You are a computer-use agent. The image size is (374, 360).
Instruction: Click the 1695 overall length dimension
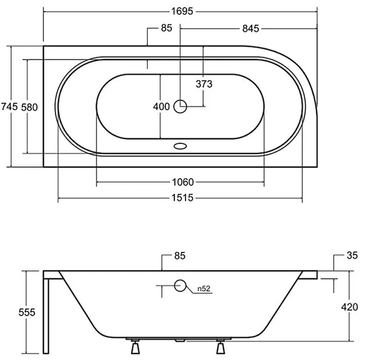182,11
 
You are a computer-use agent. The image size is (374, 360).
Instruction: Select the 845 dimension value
250,29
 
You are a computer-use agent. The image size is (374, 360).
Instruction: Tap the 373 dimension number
204,84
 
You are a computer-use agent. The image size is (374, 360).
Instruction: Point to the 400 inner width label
162,106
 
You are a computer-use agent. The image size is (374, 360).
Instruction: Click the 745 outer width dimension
9,106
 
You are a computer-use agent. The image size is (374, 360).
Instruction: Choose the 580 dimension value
29,107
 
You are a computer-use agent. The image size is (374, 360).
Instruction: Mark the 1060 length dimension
183,182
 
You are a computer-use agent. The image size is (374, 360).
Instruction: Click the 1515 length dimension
183,198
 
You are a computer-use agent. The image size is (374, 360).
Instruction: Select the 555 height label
27,312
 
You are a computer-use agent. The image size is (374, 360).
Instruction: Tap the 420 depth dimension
349,307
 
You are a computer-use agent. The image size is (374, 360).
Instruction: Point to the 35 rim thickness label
352,255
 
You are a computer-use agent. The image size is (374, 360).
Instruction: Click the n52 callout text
204,289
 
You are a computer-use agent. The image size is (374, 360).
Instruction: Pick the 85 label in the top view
166,28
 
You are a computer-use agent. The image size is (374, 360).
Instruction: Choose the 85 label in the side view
180,255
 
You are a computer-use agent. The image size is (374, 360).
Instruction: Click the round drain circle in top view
180,106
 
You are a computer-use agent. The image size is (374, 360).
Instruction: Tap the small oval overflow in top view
180,146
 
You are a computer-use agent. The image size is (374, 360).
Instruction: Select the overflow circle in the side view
180,285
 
